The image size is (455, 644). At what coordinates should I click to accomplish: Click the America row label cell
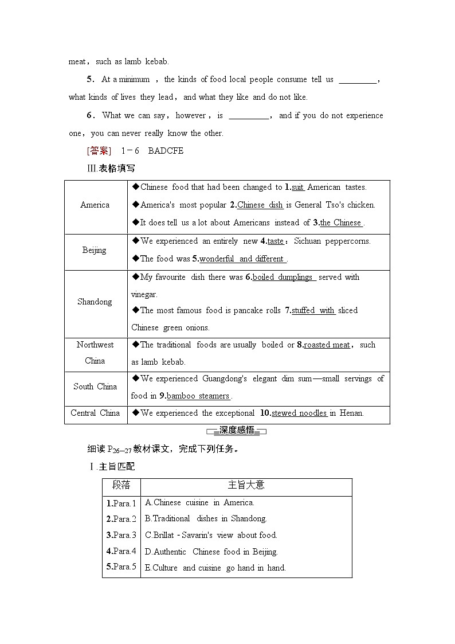[95, 205]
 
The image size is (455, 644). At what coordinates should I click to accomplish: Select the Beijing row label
[94, 250]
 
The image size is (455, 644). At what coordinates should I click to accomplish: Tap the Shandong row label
[95, 302]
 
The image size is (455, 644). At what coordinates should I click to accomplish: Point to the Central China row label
[95, 413]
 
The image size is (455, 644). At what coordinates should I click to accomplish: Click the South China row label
[95, 387]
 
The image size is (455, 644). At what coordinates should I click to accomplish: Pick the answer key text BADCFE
[166, 151]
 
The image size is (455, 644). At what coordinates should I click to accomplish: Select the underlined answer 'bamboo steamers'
[198, 396]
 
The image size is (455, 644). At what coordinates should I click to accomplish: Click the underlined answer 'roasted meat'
[327, 345]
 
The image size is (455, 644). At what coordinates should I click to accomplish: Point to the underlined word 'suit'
[297, 187]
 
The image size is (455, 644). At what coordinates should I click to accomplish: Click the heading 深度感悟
[236, 431]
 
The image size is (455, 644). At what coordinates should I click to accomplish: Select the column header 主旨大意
[246, 485]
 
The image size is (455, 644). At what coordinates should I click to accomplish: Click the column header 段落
[121, 485]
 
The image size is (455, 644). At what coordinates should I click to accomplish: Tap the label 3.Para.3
[121, 535]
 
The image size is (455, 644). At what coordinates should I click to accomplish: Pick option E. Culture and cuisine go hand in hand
[215, 568]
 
